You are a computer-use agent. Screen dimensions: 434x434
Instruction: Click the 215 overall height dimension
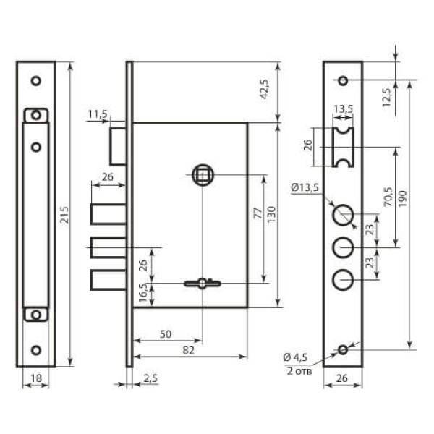click(x=64, y=215)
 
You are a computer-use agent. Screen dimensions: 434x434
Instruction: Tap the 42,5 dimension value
click(x=265, y=89)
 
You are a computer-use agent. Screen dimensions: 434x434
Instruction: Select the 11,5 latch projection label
click(x=98, y=114)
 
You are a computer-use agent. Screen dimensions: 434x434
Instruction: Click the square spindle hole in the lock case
click(x=203, y=175)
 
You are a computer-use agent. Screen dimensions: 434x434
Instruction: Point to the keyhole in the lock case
click(x=203, y=284)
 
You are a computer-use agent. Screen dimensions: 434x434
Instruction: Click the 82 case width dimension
click(x=189, y=350)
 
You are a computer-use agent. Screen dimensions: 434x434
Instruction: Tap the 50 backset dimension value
click(x=166, y=334)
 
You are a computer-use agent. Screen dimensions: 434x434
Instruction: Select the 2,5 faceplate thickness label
click(x=150, y=378)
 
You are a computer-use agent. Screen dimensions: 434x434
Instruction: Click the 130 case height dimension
click(x=271, y=215)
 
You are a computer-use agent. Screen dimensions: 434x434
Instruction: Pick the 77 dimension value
click(x=258, y=213)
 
